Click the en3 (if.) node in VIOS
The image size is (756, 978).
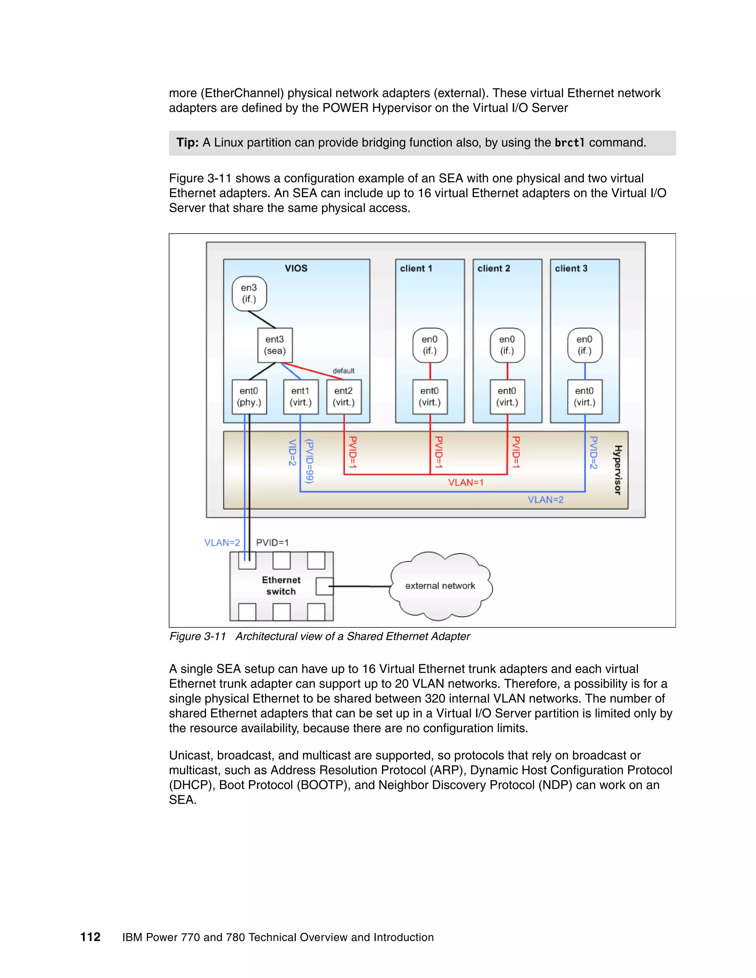click(249, 293)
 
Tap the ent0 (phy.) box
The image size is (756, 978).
click(249, 397)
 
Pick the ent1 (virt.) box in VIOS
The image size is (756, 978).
click(300, 397)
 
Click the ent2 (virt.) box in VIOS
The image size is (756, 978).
click(344, 397)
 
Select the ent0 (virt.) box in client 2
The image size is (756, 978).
click(507, 397)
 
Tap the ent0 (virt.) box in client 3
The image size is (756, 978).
click(584, 397)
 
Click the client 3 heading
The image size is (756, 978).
click(571, 268)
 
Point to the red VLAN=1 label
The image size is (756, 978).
click(466, 482)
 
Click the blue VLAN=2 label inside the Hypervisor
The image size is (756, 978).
click(545, 500)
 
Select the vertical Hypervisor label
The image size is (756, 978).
click(618, 470)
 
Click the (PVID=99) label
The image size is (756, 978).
click(309, 461)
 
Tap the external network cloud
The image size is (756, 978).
click(440, 586)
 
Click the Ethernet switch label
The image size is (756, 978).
click(281, 586)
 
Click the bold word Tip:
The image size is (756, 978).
click(187, 143)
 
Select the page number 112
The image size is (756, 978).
click(90, 937)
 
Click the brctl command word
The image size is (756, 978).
click(569, 143)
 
